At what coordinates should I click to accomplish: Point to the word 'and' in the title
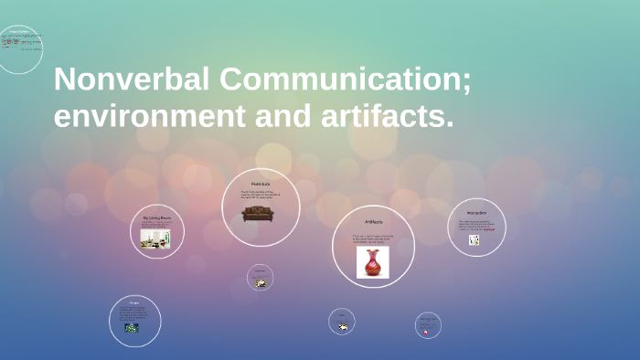272,116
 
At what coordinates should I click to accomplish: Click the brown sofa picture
258,213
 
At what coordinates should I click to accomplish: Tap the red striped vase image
372,262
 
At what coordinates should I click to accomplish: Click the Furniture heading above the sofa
261,185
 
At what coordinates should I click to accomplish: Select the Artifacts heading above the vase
373,221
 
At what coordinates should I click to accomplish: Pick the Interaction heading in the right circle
475,213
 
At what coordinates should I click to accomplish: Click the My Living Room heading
156,217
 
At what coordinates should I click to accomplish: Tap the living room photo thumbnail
155,238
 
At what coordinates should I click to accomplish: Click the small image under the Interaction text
474,240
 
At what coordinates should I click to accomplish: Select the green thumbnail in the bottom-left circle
132,328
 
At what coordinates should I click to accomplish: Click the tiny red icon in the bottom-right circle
427,331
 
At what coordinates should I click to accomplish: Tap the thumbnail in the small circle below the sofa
261,283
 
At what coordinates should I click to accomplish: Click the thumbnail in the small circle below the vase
342,327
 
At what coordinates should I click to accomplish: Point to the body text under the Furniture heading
261,195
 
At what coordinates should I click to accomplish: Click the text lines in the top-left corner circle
20,42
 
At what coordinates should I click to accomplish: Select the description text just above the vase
372,238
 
